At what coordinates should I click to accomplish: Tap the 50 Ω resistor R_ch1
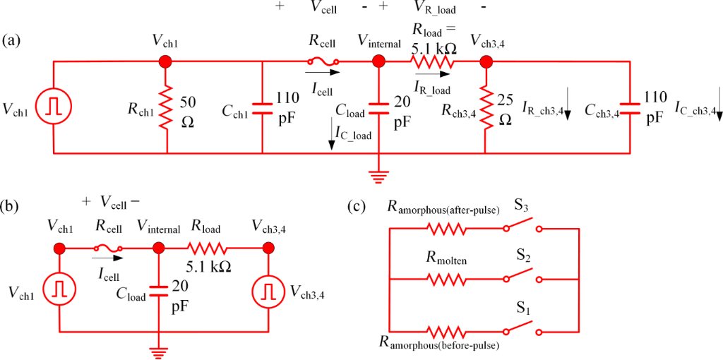(x=167, y=108)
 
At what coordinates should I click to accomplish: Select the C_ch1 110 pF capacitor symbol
(x=263, y=108)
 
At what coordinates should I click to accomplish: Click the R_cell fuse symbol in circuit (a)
(x=323, y=62)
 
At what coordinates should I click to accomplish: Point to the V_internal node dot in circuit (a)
(x=378, y=62)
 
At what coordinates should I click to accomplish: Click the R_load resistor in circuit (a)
(x=431, y=62)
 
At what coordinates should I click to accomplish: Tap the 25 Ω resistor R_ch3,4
(x=486, y=108)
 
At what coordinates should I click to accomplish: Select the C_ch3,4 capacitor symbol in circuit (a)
(x=630, y=108)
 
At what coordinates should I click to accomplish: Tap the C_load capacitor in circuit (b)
(x=160, y=287)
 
